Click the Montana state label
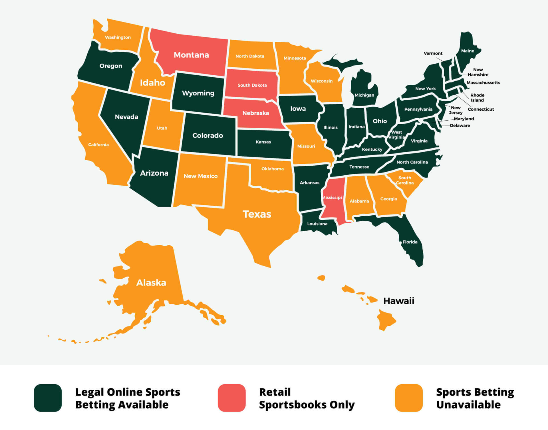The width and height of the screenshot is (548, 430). pyautogui.click(x=191, y=55)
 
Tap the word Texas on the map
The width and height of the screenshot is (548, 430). pyautogui.click(x=257, y=214)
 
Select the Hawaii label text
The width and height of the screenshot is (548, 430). pyautogui.click(x=398, y=301)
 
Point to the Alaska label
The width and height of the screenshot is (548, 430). pyautogui.click(x=151, y=283)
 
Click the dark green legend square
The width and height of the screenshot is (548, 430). pyautogui.click(x=48, y=398)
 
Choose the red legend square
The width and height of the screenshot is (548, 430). pyautogui.click(x=231, y=398)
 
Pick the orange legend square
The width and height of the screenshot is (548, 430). pyautogui.click(x=409, y=398)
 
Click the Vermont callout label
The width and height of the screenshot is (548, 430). pyautogui.click(x=433, y=53)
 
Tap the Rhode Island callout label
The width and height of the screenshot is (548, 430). pyautogui.click(x=477, y=98)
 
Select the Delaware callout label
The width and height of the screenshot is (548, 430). pyautogui.click(x=460, y=125)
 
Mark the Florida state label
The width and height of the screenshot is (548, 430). pyautogui.click(x=410, y=242)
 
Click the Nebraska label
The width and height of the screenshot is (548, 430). pyautogui.click(x=255, y=113)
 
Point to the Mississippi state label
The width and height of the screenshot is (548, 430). pyautogui.click(x=332, y=198)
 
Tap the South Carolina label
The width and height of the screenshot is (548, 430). pyautogui.click(x=405, y=180)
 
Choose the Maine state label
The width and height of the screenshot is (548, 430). pyautogui.click(x=468, y=51)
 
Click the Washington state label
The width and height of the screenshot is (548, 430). pyautogui.click(x=118, y=37)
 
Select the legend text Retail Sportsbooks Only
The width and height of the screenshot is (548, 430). pyautogui.click(x=307, y=398)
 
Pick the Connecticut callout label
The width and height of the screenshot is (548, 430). pyautogui.click(x=481, y=109)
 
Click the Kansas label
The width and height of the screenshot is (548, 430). pyautogui.click(x=263, y=142)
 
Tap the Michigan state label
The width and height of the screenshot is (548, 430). pyautogui.click(x=364, y=95)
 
